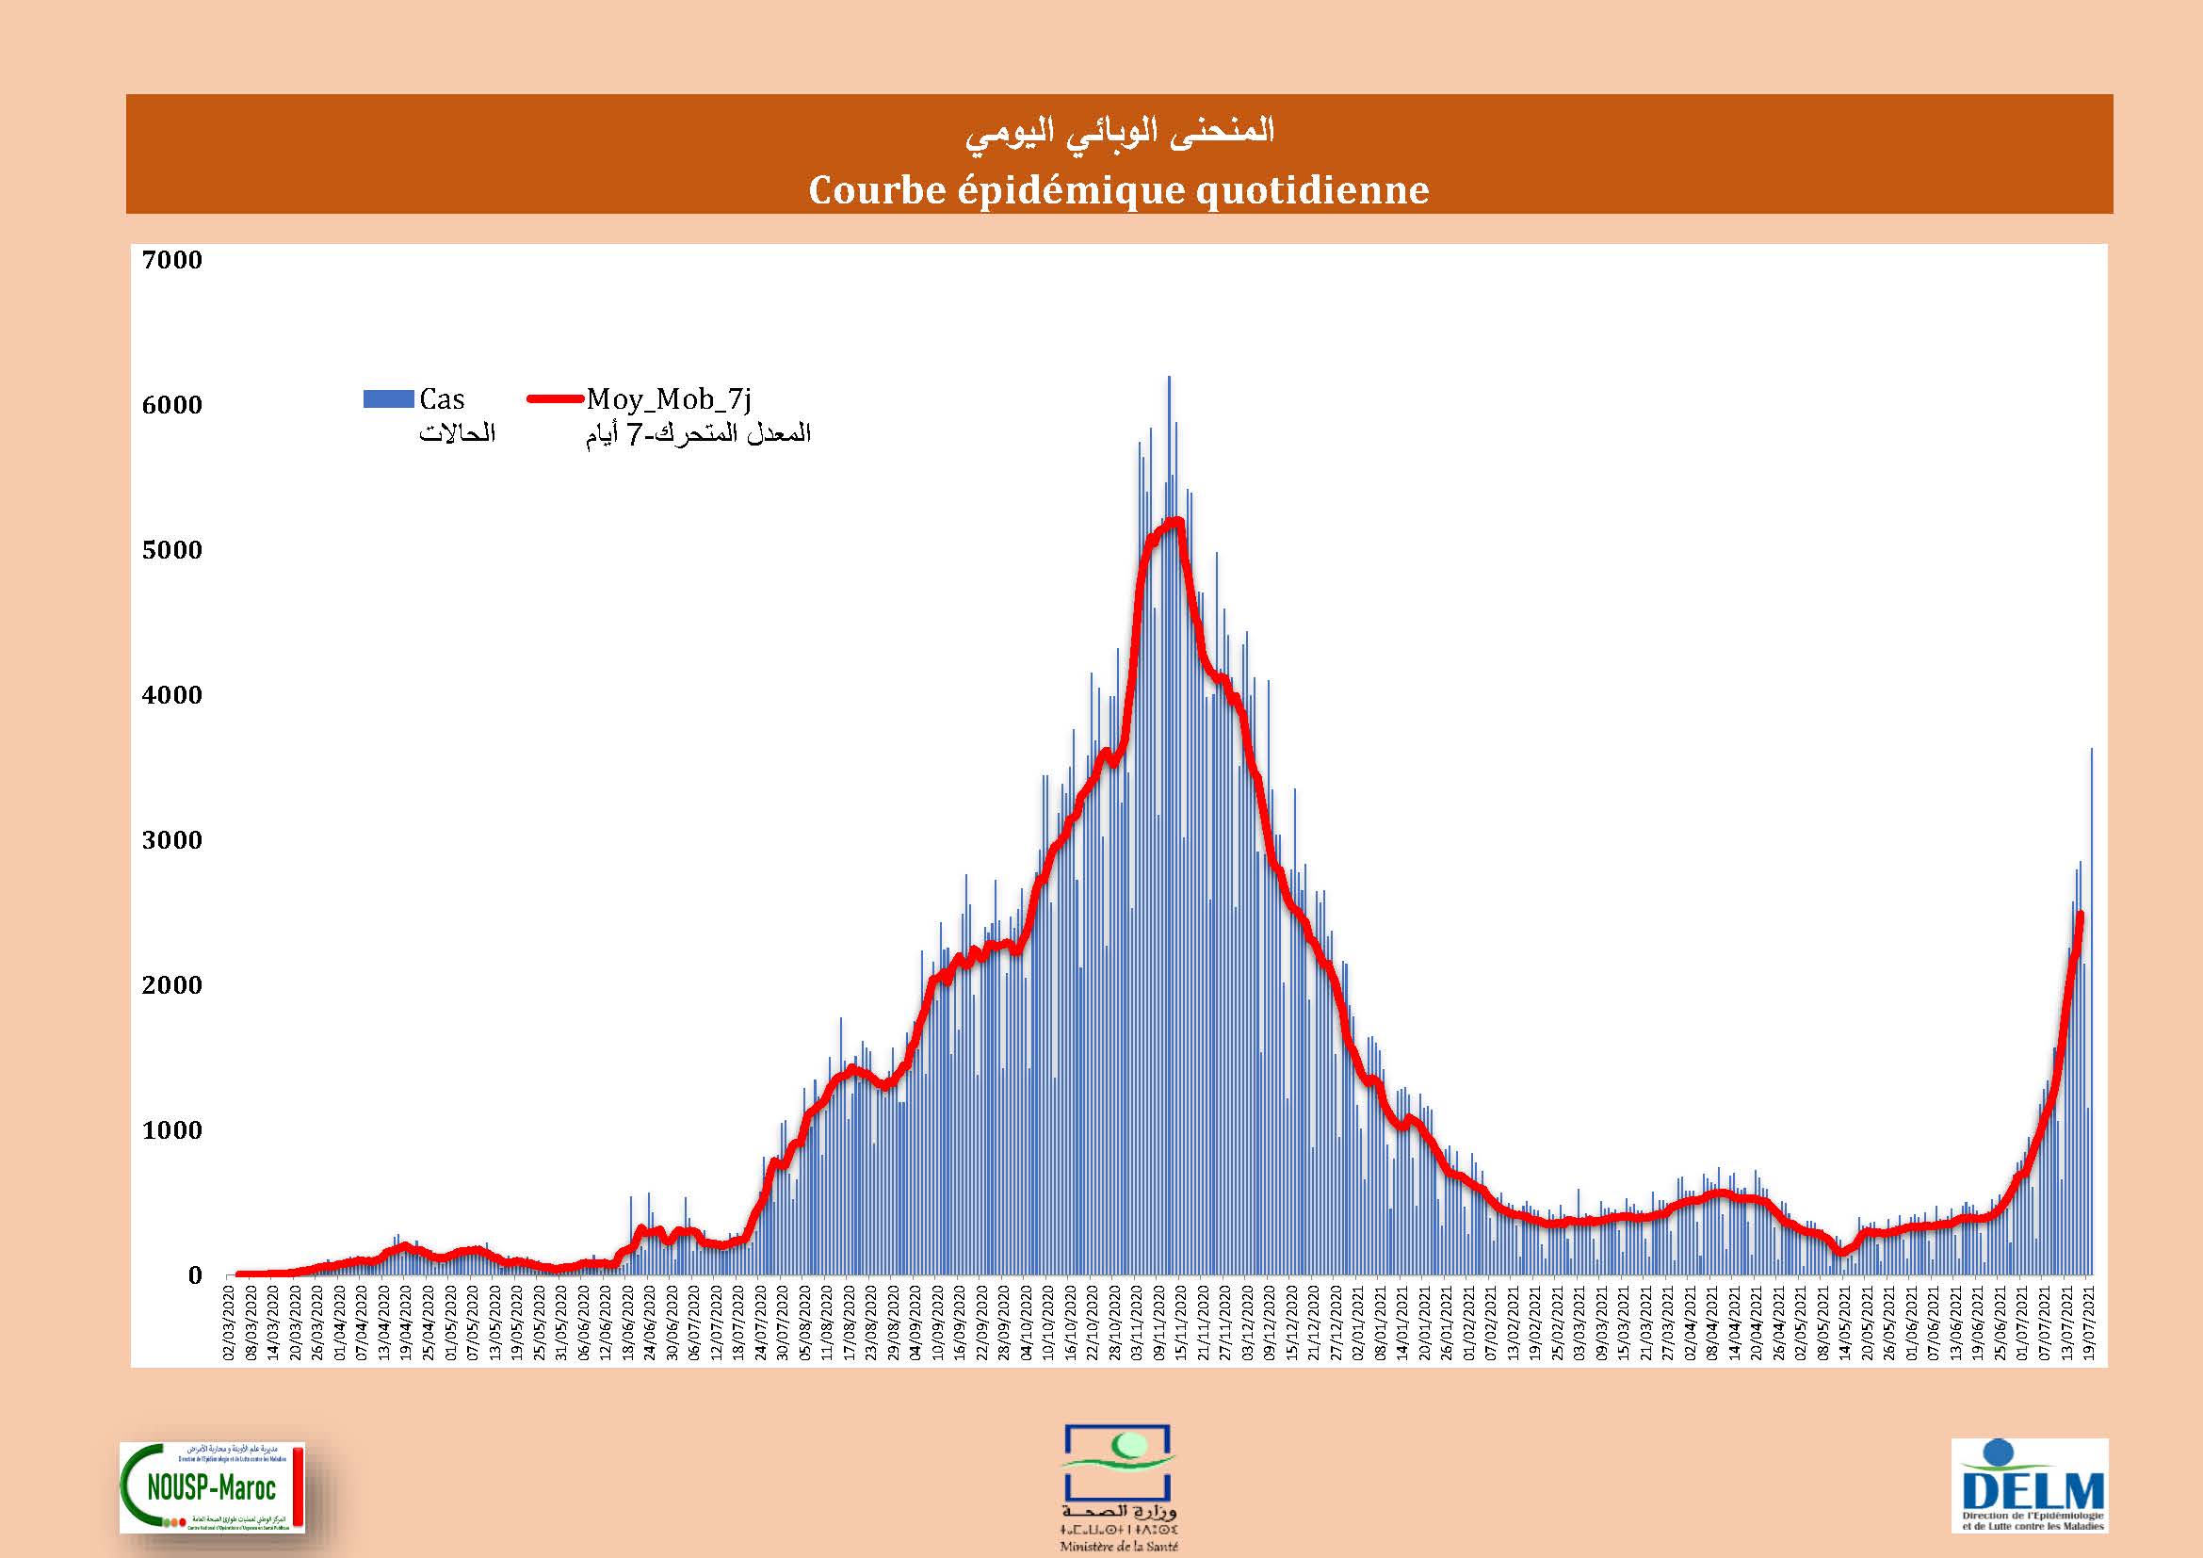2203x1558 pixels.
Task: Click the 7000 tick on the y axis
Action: tap(171, 260)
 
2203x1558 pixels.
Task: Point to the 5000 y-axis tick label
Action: tap(171, 551)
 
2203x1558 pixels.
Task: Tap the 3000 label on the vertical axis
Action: tap(171, 840)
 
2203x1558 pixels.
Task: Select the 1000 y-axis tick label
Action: tap(171, 1130)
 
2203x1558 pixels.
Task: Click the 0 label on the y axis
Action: tap(195, 1276)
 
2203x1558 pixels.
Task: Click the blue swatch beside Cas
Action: tap(389, 399)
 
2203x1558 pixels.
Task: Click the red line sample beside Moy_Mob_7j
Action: tap(556, 399)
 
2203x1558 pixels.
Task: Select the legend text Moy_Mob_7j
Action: tap(669, 399)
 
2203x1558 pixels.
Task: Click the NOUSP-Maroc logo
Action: tap(212, 1486)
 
